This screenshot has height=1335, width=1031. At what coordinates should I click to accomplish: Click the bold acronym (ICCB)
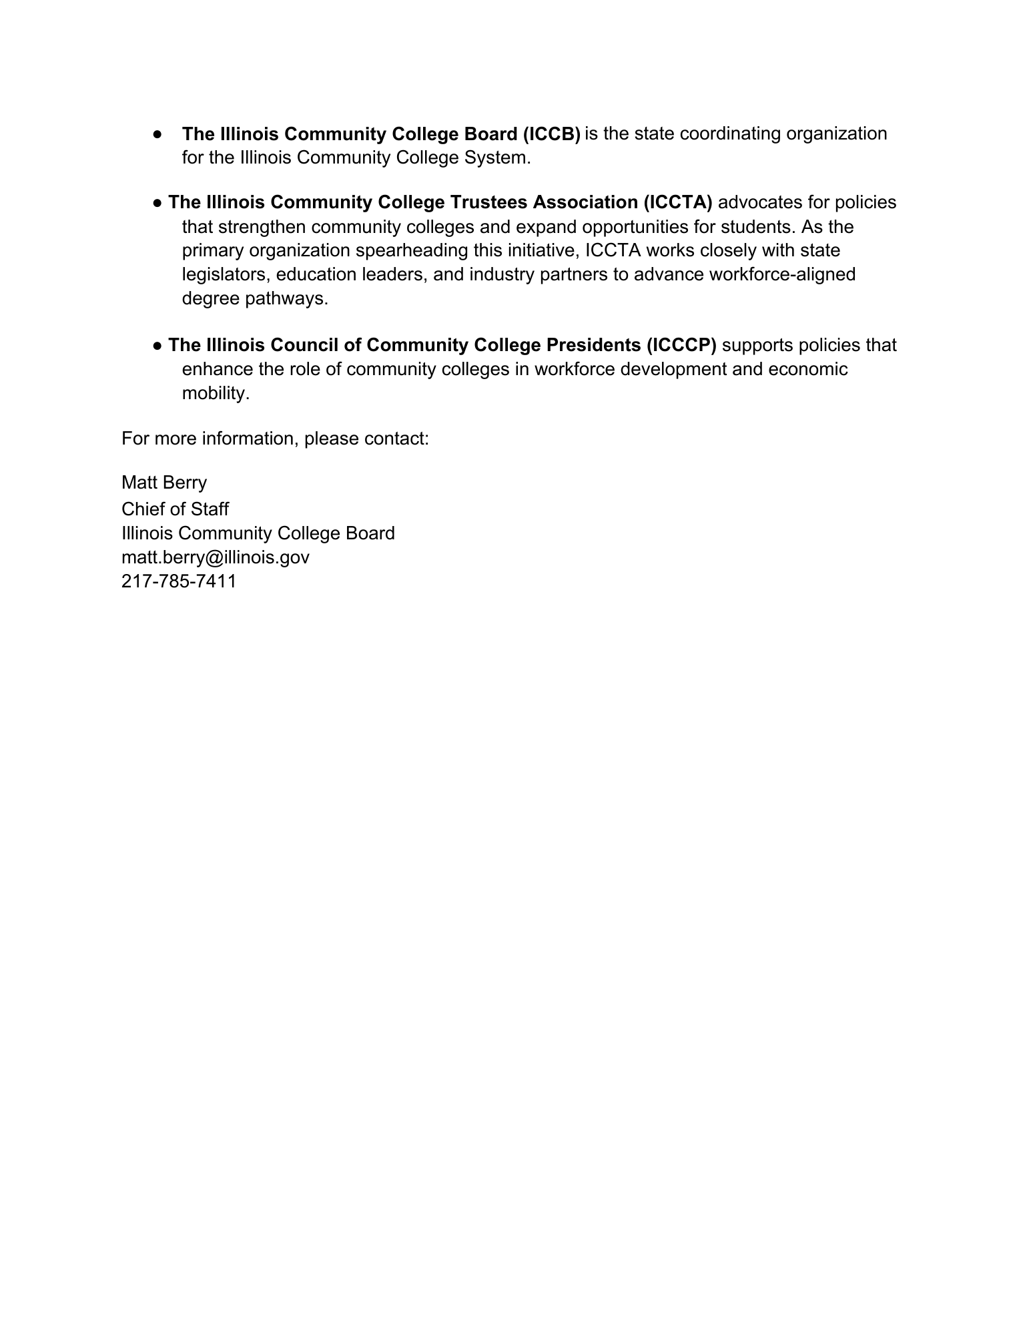point(551,134)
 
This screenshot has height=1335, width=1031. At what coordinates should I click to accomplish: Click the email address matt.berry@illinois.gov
point(216,557)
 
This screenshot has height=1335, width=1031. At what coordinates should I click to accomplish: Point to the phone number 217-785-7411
point(179,581)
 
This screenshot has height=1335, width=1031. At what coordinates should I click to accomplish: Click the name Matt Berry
point(164,483)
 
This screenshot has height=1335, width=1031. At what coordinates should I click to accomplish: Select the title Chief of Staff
point(175,509)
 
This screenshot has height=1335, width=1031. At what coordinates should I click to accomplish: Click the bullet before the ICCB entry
point(157,134)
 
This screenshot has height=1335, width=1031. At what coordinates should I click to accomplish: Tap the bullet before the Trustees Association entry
point(157,202)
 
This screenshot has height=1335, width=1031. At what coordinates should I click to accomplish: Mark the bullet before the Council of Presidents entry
point(157,345)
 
